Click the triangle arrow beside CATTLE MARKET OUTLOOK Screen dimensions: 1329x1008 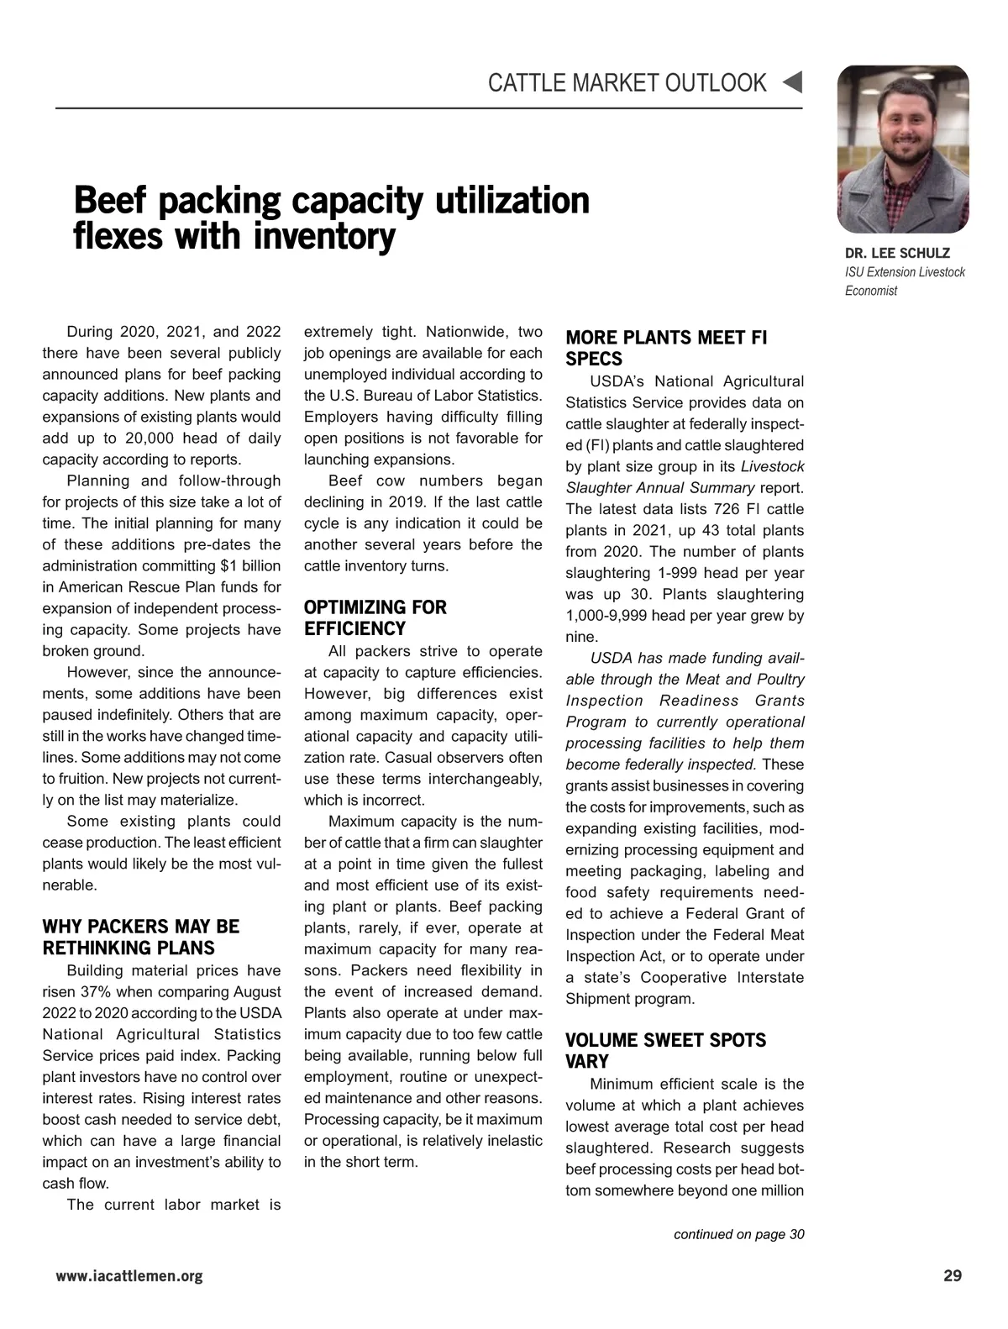click(x=792, y=82)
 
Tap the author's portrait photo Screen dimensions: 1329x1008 click(x=903, y=149)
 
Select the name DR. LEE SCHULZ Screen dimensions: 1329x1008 click(x=898, y=253)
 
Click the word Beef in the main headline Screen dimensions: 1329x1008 click(x=110, y=202)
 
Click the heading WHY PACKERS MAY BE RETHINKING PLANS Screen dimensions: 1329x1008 click(x=140, y=938)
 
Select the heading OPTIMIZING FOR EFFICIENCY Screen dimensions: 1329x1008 click(x=375, y=618)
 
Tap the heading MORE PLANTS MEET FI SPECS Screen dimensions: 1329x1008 click(x=666, y=349)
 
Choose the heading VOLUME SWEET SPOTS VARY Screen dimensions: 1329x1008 click(x=665, y=1051)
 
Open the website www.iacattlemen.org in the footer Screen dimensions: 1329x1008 click(x=129, y=1277)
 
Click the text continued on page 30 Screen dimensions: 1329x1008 click(x=739, y=1234)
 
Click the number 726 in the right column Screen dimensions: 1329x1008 click(x=726, y=509)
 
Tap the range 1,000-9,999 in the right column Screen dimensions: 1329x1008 click(x=608, y=616)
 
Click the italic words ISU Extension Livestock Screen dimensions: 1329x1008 click(x=905, y=272)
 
